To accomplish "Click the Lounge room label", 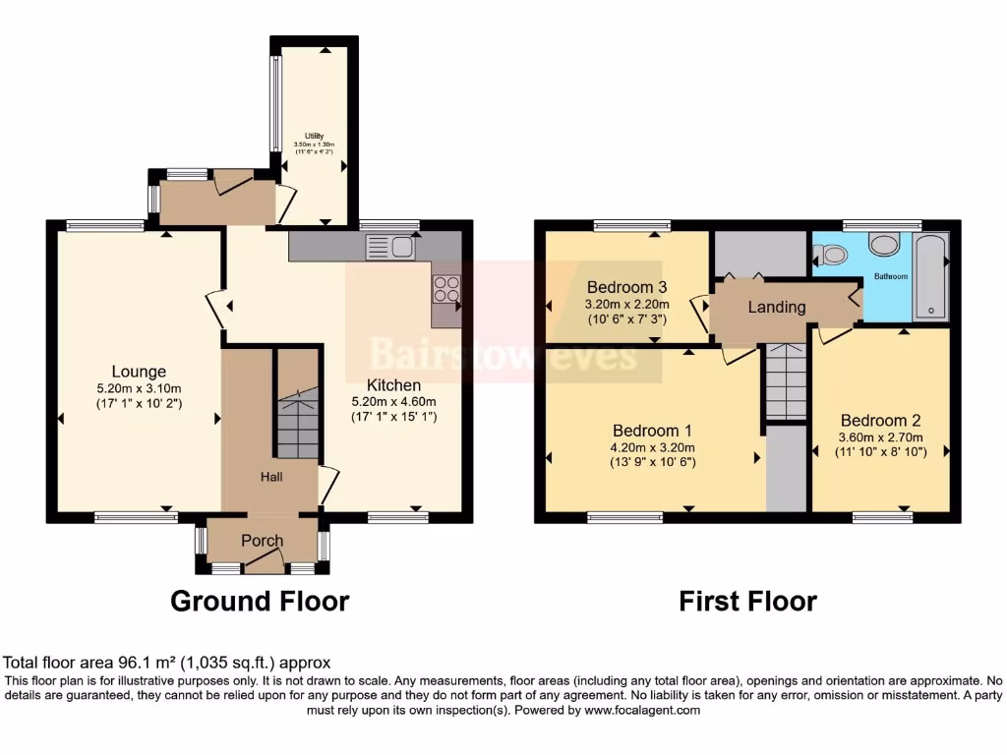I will (138, 372).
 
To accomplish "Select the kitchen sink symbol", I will (389, 247).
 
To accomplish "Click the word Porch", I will (262, 541).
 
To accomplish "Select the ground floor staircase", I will (297, 423).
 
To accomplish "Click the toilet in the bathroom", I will (832, 256).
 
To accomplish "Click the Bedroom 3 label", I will (627, 287).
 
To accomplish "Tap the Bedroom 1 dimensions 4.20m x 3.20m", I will (654, 446).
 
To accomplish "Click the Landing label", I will (777, 307).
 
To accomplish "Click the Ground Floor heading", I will (260, 601).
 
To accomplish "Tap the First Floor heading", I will (747, 601).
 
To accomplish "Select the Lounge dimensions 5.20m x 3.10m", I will (138, 387).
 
